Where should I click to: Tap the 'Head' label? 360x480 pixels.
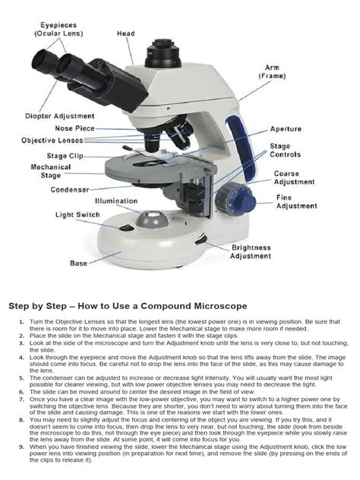[x=125, y=34]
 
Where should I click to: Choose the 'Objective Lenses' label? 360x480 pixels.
[x=54, y=141]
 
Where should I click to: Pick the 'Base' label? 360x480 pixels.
[x=78, y=264]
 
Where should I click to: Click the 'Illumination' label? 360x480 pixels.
[x=116, y=201]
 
